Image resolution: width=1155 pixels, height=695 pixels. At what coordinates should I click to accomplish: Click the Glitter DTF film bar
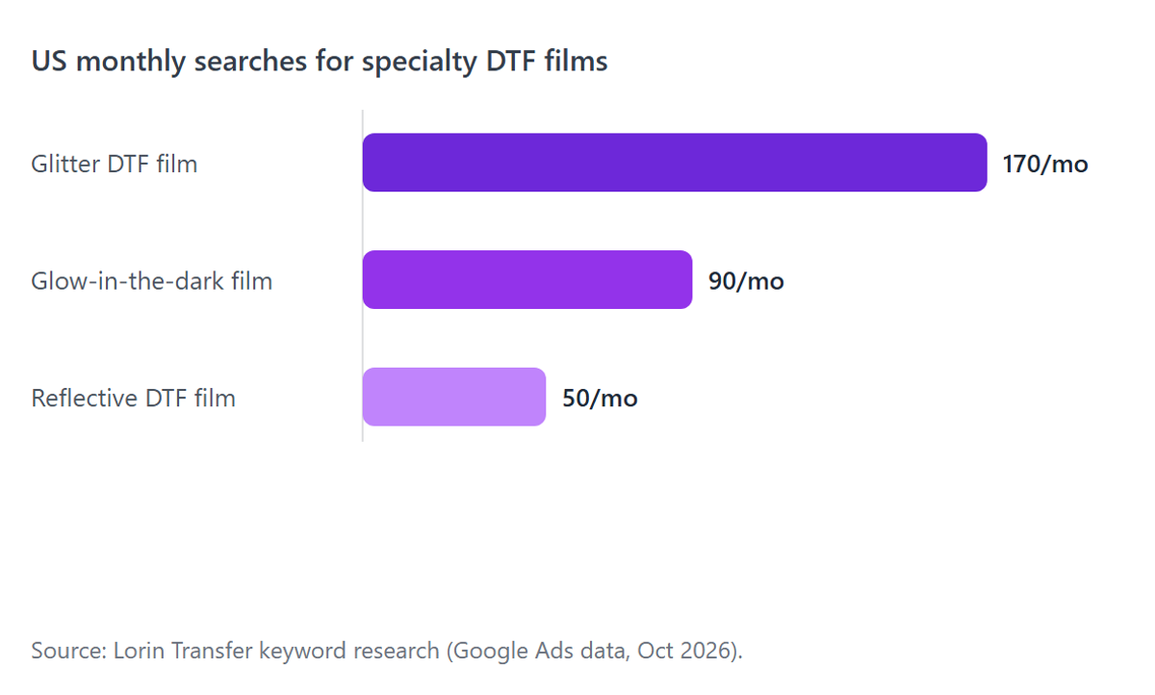click(x=675, y=163)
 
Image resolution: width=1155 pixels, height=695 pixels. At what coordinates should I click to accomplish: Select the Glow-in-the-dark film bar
click(x=527, y=279)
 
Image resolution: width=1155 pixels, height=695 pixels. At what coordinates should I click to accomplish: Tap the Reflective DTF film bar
click(x=453, y=397)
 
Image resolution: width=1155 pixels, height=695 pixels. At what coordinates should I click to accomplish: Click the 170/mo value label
click(x=1045, y=164)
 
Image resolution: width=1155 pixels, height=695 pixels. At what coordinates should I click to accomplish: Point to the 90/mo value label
click(x=746, y=281)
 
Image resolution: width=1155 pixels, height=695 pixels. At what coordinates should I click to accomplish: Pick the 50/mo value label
click(x=600, y=398)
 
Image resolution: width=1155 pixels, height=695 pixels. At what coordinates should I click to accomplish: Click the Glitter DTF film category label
click(x=114, y=164)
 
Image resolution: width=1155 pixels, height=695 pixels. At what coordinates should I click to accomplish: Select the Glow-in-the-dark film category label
click(x=152, y=281)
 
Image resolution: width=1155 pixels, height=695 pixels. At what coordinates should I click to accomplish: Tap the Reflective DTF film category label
click(x=133, y=398)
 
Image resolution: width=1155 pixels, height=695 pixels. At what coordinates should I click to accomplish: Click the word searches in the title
click(x=250, y=61)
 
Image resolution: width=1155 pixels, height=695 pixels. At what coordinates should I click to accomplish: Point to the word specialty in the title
click(x=420, y=62)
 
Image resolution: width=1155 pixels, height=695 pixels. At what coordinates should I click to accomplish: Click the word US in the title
click(x=49, y=61)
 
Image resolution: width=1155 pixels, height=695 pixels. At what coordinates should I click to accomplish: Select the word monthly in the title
click(x=131, y=62)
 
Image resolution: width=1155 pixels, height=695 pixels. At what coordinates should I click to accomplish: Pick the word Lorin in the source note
click(x=139, y=650)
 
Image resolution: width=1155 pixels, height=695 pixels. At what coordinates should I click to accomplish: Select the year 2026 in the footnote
click(x=706, y=650)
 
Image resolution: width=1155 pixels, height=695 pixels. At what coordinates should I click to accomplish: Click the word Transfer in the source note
click(x=212, y=650)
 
